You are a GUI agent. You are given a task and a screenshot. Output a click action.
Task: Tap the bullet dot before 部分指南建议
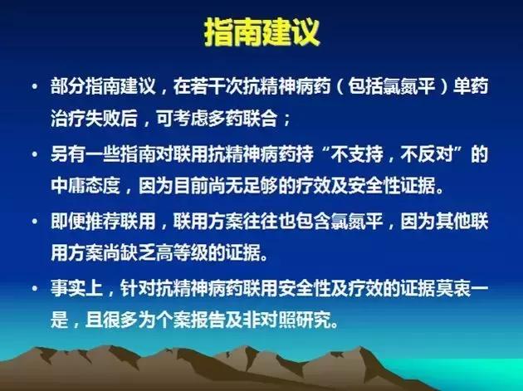coord(31,86)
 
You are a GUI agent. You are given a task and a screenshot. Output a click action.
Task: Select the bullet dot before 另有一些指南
coord(31,155)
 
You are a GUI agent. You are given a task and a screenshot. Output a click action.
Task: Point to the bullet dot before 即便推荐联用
coord(31,222)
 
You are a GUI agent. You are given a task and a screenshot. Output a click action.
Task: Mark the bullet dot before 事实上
coord(31,290)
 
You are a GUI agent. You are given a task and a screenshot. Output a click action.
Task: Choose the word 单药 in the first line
coord(475,86)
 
